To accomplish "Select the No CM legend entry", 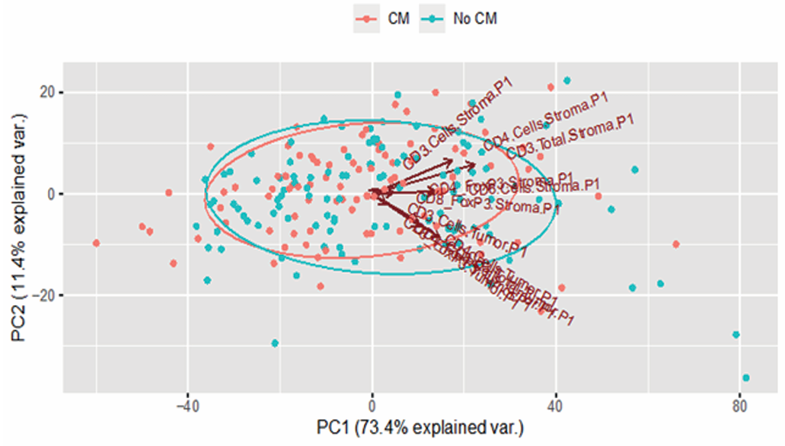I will [x=465, y=19].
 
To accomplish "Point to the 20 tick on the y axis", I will [x=47, y=93].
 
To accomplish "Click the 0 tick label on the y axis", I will [x=52, y=194].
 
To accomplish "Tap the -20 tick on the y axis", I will [x=44, y=295].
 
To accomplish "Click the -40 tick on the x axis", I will [x=187, y=404].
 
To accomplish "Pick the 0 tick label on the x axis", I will [x=372, y=404].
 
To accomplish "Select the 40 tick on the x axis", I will [x=556, y=404].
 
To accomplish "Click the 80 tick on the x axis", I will [x=739, y=404].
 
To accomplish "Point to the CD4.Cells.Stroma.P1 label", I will [x=546, y=122].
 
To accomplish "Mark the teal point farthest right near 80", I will [x=746, y=378].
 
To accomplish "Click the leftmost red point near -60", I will [x=96, y=243].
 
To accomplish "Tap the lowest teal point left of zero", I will [x=275, y=343].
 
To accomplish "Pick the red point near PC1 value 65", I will [x=676, y=244].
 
